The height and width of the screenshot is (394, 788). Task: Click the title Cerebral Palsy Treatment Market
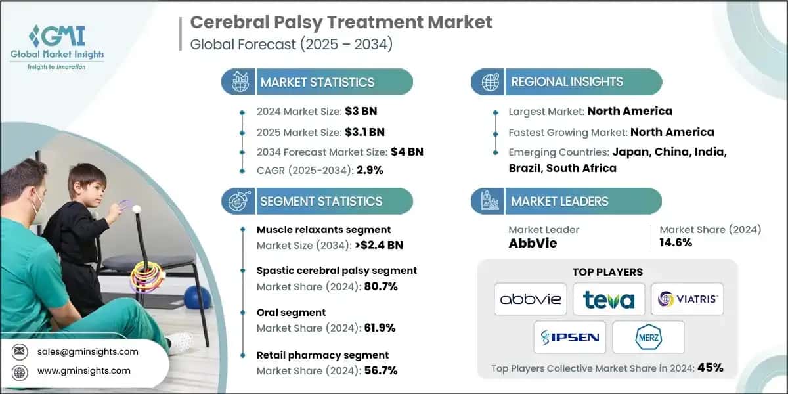(x=341, y=22)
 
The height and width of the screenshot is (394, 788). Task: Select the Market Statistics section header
(x=317, y=82)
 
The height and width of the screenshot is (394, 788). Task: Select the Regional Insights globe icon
(x=489, y=82)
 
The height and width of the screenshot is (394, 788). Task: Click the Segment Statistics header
(x=320, y=201)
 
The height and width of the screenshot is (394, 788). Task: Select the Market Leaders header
(x=559, y=201)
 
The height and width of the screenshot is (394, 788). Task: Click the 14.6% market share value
(x=676, y=243)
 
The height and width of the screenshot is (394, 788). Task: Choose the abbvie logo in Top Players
(x=530, y=299)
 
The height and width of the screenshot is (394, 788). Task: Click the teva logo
(x=608, y=299)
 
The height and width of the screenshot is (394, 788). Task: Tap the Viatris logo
(x=687, y=299)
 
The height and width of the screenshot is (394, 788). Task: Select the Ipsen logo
(x=569, y=338)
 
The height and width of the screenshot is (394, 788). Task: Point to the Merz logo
(x=647, y=338)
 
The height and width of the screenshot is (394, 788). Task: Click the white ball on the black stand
(x=137, y=208)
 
